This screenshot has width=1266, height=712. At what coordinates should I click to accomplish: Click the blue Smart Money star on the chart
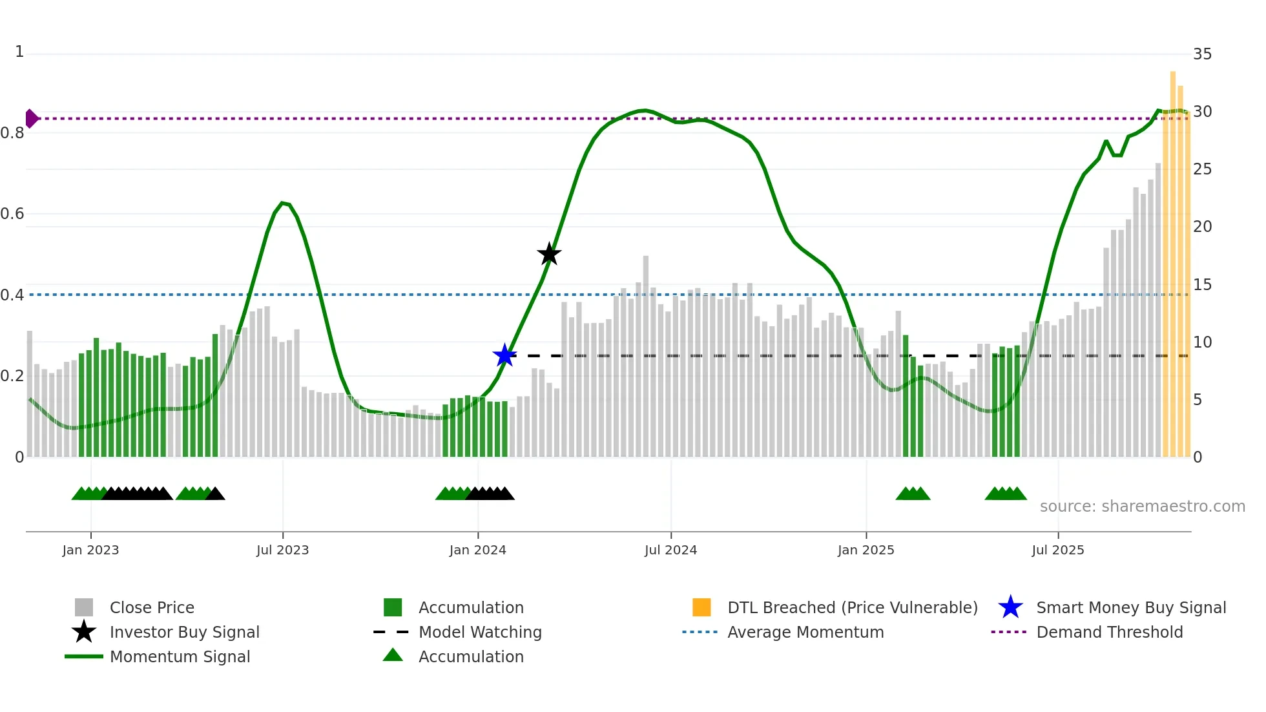[x=504, y=355]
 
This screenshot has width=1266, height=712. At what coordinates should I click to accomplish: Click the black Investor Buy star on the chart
[x=549, y=254]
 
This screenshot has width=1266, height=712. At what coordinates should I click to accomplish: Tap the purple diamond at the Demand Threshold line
[x=31, y=119]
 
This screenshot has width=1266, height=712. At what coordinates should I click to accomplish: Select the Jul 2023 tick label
[x=282, y=550]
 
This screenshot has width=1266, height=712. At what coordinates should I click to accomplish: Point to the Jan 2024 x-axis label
[x=477, y=550]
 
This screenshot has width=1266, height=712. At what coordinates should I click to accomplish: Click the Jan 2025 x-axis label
[x=866, y=550]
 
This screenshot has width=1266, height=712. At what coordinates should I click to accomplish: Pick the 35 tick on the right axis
[x=1202, y=54]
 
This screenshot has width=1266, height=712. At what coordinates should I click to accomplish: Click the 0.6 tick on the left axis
[x=12, y=214]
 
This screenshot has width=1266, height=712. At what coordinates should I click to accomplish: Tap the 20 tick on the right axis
[x=1202, y=227]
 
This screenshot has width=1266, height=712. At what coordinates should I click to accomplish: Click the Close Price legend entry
[x=152, y=607]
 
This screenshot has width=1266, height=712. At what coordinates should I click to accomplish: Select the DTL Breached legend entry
[x=852, y=607]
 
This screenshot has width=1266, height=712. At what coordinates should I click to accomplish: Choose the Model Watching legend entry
[x=480, y=632]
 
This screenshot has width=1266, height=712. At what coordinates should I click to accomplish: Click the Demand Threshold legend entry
[x=1109, y=632]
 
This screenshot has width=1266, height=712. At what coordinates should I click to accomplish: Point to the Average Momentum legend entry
[x=805, y=632]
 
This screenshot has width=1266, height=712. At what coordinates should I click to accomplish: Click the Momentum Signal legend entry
[x=180, y=656]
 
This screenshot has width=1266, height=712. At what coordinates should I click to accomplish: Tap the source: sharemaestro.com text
[x=1142, y=507]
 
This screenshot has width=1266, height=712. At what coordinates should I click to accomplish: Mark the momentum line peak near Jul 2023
[x=283, y=203]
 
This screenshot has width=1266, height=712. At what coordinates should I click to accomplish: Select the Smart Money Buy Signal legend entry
[x=1130, y=607]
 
